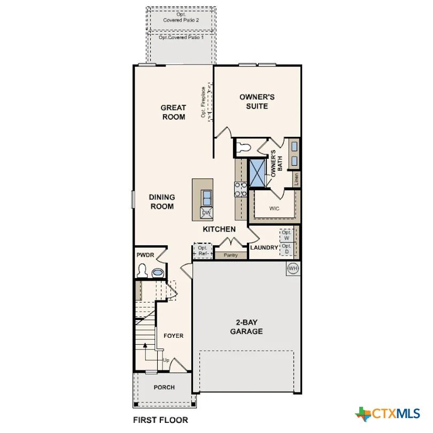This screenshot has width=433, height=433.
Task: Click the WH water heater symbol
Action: coord(293,268)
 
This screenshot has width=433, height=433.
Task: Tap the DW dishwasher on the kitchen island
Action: coord(206,213)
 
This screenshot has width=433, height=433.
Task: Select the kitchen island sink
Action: coord(207,198)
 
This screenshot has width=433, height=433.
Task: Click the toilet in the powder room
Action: coord(142,270)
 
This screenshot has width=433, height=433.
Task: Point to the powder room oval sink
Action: coord(158,273)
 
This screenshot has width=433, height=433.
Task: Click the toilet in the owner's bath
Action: coord(243,147)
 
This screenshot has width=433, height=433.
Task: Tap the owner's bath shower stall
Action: coord(257,173)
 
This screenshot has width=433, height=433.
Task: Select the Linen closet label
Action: coord(296,179)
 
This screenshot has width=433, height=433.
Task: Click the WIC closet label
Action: coord(274,208)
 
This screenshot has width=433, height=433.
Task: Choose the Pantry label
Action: coord(230,255)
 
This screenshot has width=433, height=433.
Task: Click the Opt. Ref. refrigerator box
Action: coord(203,251)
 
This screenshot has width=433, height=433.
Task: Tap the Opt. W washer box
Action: coord(287,235)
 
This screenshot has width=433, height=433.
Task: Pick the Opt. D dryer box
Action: coord(287,249)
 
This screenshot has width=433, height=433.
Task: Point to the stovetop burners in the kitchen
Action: coord(241,189)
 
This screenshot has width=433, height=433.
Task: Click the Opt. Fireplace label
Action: coord(204,102)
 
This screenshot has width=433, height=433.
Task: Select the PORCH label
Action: coord(164,388)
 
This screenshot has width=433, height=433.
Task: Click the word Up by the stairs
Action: coord(166,360)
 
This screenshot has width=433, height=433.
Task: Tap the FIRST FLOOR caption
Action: coord(160,420)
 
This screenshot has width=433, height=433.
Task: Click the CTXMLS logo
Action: coord(388,414)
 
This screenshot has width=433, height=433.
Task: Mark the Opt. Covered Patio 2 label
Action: coord(181,17)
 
